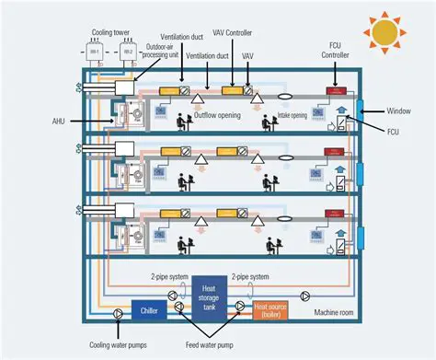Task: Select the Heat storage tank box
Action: [211, 296]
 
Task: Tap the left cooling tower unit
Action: [94, 53]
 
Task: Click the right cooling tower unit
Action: [128, 53]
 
